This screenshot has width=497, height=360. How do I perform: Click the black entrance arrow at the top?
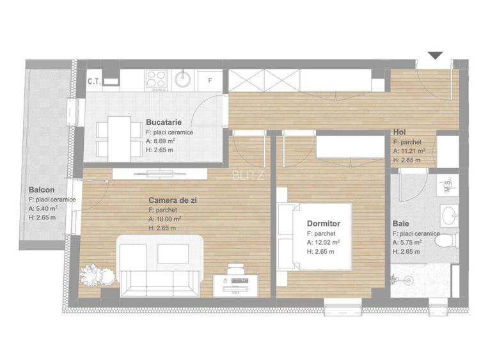click(x=435, y=56)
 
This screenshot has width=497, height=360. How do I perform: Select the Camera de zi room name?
click(x=172, y=200)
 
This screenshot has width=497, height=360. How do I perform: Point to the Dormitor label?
click(x=323, y=224)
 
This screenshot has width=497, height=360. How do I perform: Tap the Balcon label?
click(x=41, y=190)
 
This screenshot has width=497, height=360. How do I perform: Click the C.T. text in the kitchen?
click(x=93, y=81)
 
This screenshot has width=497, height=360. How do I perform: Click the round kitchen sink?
click(x=184, y=79)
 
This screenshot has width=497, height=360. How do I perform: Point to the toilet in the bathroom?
click(x=450, y=240)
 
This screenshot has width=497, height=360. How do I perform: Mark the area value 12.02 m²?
click(x=326, y=242)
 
